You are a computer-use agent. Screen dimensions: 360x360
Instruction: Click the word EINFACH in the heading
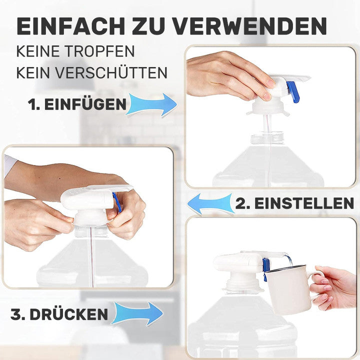click(x=70, y=26)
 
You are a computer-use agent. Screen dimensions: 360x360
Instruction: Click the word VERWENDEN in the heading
click(x=249, y=26)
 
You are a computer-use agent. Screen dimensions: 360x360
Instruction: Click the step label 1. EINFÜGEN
click(x=77, y=104)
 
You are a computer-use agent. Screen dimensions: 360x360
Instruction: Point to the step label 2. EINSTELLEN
click(x=294, y=203)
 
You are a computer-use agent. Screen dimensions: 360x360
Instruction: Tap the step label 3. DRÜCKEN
click(x=59, y=314)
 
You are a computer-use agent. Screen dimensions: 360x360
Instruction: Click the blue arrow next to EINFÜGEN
click(x=152, y=104)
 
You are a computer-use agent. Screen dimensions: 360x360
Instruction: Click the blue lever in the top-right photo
click(x=293, y=91)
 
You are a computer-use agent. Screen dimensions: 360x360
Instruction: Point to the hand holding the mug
click(x=332, y=287)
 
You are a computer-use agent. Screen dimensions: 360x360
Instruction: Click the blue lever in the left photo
click(x=117, y=202)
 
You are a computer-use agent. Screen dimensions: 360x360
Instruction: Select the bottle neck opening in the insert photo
click(x=267, y=138)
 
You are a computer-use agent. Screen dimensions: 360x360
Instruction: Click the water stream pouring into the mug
click(x=288, y=259)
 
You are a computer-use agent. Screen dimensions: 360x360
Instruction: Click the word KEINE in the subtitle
click(x=38, y=51)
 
